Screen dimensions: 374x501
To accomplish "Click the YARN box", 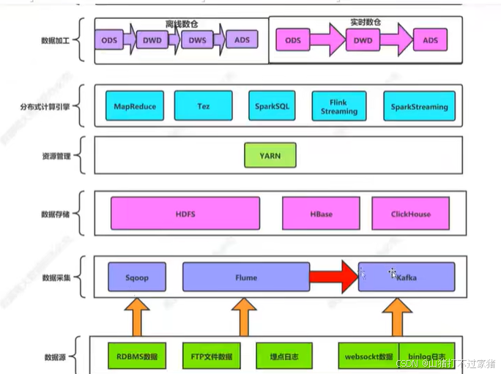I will [x=270, y=155].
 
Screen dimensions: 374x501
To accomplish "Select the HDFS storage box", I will [x=185, y=214].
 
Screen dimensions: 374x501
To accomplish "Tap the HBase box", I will [x=321, y=214].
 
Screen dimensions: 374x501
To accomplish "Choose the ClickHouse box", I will [x=411, y=214].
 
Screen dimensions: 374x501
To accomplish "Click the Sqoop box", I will [x=137, y=277].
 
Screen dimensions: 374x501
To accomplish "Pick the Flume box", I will [x=245, y=277].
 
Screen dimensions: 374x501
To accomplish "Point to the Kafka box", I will [x=407, y=277].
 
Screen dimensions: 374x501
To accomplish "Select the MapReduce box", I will [x=135, y=106].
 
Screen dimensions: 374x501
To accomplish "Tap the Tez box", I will [x=203, y=106].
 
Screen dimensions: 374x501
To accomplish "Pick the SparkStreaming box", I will [x=419, y=106].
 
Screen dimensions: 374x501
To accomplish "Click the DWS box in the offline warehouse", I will [x=197, y=40].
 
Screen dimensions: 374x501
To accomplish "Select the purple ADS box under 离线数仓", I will [x=242, y=40].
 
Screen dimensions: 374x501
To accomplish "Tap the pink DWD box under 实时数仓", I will [x=363, y=41].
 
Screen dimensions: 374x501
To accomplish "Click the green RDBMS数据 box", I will [x=137, y=356].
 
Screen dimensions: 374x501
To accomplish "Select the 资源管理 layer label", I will [x=56, y=156].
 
